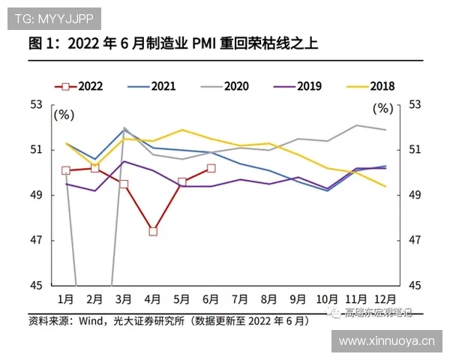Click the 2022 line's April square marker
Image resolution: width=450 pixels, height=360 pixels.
(x=153, y=231)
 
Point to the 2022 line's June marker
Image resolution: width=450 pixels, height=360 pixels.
(x=211, y=168)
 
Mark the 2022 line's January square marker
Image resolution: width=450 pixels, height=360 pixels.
(x=66, y=170)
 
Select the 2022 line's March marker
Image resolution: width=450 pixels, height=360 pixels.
(x=124, y=184)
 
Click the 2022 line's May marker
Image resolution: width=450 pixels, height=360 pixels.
(x=182, y=181)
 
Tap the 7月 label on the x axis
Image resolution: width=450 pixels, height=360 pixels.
(x=241, y=298)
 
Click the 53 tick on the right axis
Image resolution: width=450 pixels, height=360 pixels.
(x=415, y=104)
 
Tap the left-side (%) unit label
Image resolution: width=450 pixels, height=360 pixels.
(x=64, y=115)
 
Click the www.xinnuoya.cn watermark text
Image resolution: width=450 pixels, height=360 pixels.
(x=386, y=341)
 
